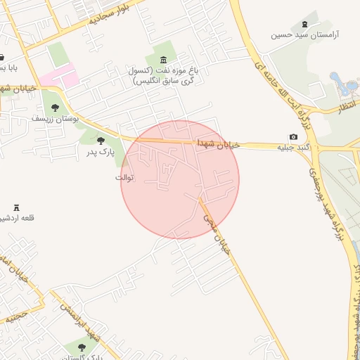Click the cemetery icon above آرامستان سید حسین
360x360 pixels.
(x=304, y=24)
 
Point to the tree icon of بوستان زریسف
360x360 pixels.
(x=55, y=108)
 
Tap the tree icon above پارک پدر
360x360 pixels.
(x=101, y=141)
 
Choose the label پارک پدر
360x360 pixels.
(x=101, y=151)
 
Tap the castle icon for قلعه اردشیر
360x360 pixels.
(x=17, y=207)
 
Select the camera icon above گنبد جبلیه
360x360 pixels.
(x=293, y=136)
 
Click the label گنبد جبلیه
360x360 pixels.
(x=292, y=148)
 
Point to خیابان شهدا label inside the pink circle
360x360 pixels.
(x=218, y=143)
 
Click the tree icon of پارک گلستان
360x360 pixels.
(x=81, y=347)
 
